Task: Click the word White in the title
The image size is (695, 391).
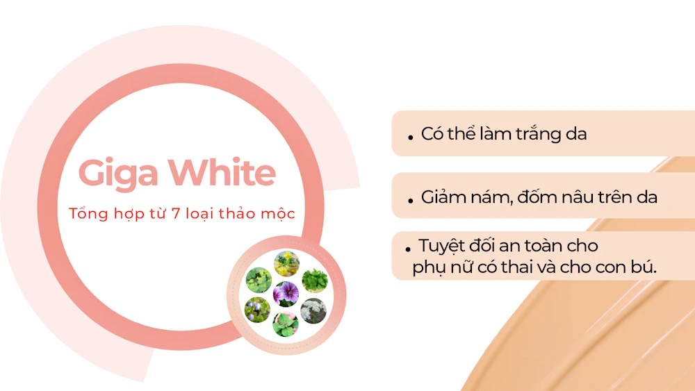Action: [x=222, y=172]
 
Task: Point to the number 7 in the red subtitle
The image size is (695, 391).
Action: [x=176, y=213]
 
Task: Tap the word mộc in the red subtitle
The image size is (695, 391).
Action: [x=278, y=213]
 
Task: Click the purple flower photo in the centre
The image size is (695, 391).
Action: [x=286, y=294]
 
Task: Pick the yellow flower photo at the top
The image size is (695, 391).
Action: [x=287, y=263]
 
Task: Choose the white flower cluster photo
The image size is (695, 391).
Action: [x=313, y=311]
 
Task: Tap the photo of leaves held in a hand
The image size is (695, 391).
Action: [x=286, y=324]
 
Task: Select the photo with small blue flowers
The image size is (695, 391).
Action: [x=257, y=310]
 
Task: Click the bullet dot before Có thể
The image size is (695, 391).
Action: [x=411, y=138]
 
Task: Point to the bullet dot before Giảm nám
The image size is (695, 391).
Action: [x=411, y=201]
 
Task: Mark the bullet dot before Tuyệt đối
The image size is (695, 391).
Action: [x=408, y=250]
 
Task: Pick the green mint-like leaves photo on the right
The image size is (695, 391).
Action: [x=315, y=281]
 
